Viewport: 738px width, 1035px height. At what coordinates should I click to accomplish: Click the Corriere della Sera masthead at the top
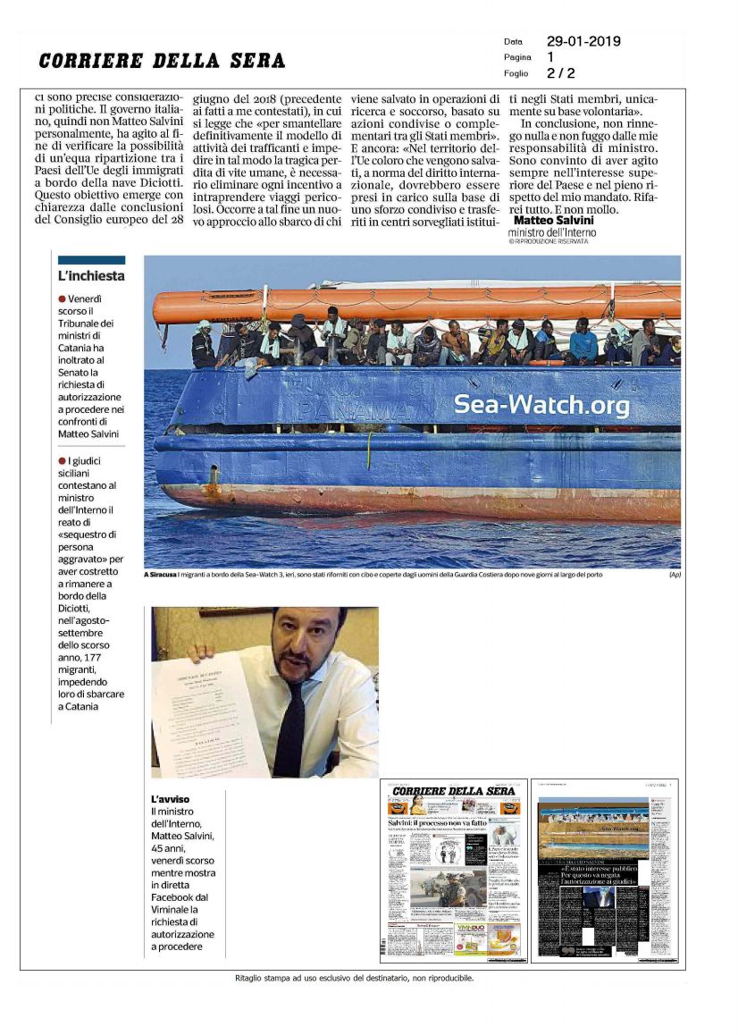click(162, 60)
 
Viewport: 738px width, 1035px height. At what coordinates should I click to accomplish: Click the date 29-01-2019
click(583, 41)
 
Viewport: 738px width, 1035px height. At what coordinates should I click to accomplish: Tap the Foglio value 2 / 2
click(561, 73)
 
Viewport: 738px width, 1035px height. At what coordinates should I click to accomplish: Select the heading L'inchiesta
click(91, 276)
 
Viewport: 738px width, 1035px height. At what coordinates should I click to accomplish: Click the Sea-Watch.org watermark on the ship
click(541, 405)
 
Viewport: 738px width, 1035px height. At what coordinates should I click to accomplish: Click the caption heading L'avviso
click(170, 798)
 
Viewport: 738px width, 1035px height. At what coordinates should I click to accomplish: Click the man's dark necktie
click(290, 725)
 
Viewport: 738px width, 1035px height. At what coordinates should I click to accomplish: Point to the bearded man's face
click(303, 648)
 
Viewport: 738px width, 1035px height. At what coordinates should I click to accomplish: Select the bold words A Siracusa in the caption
click(163, 575)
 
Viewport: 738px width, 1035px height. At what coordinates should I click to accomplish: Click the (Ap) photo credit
click(675, 575)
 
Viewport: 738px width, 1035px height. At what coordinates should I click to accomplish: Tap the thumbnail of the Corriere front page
click(453, 870)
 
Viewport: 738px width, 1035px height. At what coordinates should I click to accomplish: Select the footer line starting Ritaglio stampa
click(355, 978)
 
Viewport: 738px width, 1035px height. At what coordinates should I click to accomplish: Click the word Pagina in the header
click(517, 57)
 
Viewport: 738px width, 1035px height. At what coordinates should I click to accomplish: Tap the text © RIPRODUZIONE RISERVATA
click(549, 241)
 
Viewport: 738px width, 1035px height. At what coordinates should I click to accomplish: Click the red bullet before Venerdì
click(62, 299)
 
